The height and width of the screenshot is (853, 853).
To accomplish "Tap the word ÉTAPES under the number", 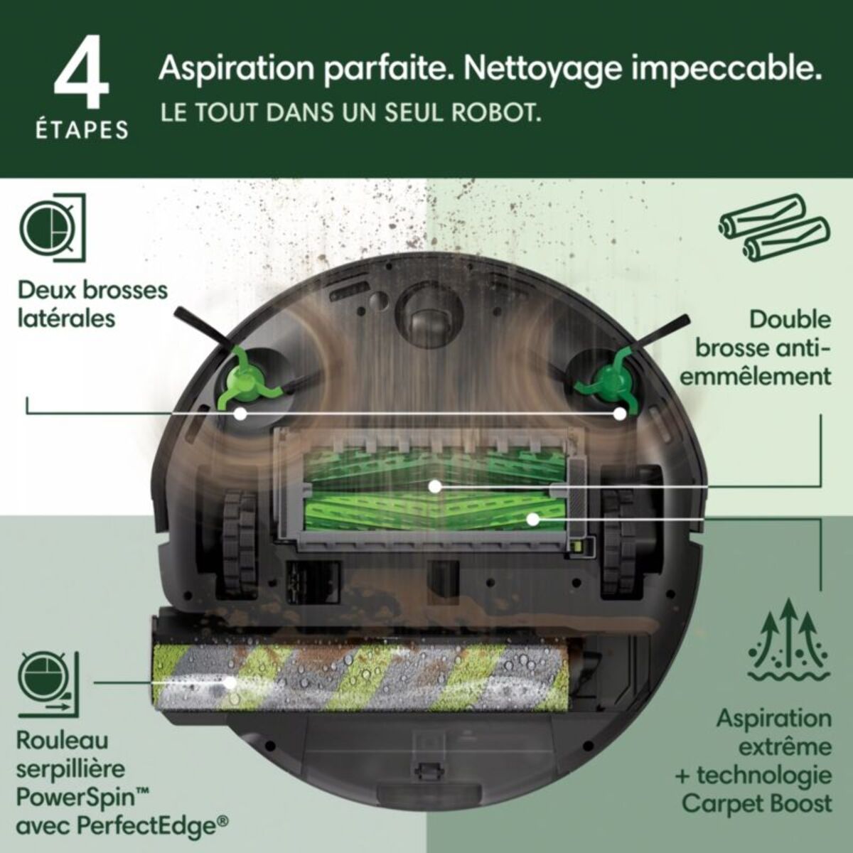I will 82,130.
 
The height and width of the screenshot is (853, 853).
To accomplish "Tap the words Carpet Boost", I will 756,803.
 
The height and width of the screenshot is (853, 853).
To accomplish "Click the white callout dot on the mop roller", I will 230,682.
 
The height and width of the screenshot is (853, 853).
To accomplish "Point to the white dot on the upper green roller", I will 434,487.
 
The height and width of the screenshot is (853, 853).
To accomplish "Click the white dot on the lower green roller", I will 531,519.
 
